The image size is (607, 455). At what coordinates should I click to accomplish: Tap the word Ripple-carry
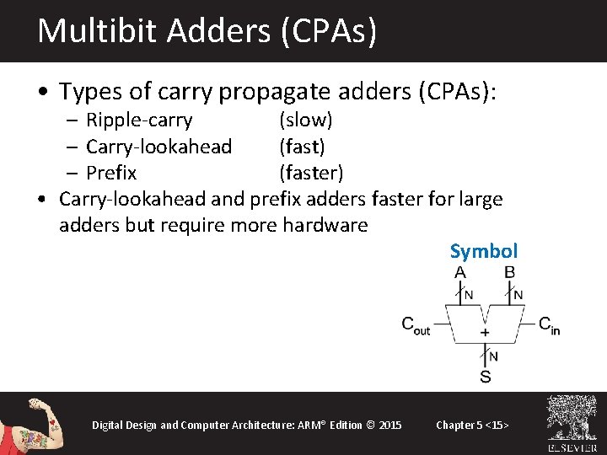click(139, 120)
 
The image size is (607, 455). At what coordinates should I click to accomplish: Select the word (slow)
click(306, 120)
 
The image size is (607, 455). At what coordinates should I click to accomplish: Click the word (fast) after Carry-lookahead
click(302, 147)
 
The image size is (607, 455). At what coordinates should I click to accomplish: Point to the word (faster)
click(311, 173)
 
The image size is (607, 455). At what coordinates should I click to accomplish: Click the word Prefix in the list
click(111, 173)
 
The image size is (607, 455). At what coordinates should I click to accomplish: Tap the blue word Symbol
click(484, 251)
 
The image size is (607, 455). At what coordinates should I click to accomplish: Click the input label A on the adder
click(460, 273)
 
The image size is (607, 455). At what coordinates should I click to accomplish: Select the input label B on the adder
click(509, 273)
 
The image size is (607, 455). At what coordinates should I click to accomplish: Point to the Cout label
click(416, 325)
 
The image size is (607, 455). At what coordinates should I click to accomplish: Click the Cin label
click(549, 325)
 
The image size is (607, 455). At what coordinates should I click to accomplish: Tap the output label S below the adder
click(485, 376)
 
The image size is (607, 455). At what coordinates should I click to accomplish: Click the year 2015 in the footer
click(390, 425)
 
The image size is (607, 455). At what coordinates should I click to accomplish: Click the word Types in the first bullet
click(87, 91)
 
